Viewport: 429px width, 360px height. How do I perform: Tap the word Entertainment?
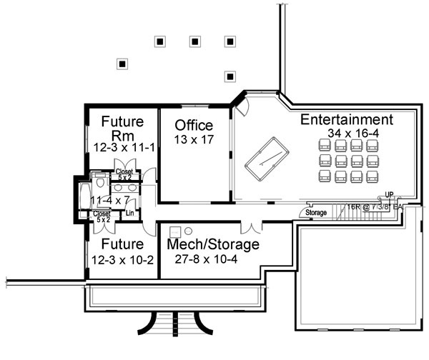(x=347, y=120)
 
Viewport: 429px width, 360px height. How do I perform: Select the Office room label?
(x=194, y=126)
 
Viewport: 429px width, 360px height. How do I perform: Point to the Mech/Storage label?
(x=212, y=244)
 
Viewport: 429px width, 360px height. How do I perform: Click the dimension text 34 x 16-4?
(x=347, y=134)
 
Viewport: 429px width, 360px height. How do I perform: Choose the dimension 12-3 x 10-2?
(x=123, y=259)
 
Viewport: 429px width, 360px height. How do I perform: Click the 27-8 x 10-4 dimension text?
(x=212, y=259)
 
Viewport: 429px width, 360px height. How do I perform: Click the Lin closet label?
(x=130, y=212)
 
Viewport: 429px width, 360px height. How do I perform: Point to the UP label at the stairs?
(x=390, y=194)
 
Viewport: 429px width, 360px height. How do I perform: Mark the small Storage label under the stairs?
(x=316, y=213)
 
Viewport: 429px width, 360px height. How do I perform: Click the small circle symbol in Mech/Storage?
(x=182, y=231)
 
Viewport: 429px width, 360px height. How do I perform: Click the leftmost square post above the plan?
(x=122, y=64)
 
